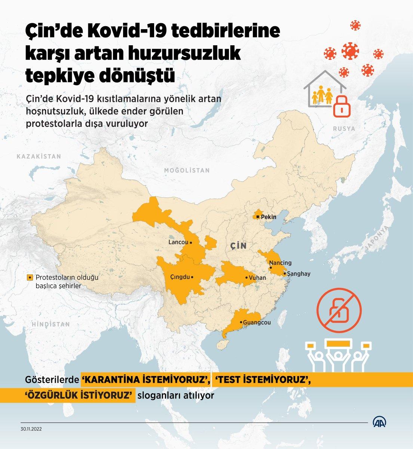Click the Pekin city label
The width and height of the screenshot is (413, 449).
268,217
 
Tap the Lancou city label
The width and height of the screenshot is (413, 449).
178,242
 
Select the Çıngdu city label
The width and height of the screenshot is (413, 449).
180,277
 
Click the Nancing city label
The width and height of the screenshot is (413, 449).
280,263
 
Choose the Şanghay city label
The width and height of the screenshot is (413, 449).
299,274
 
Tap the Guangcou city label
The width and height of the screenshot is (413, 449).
257,322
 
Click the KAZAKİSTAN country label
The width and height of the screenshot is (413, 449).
39,156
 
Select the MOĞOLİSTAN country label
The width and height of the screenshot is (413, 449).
187,170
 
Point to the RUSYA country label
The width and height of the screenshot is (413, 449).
343,129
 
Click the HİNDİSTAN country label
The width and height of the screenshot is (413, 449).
51,324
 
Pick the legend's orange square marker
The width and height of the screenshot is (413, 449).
29,278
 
